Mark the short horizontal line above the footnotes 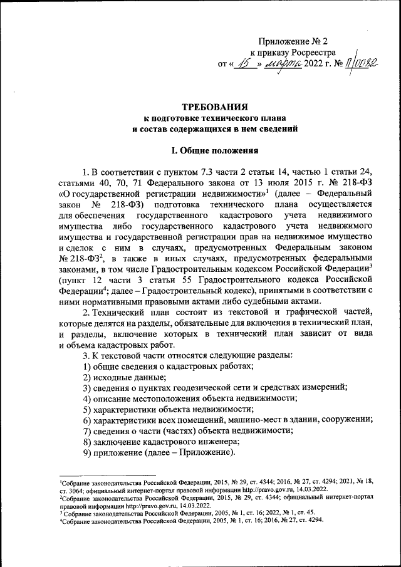[107, 475]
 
